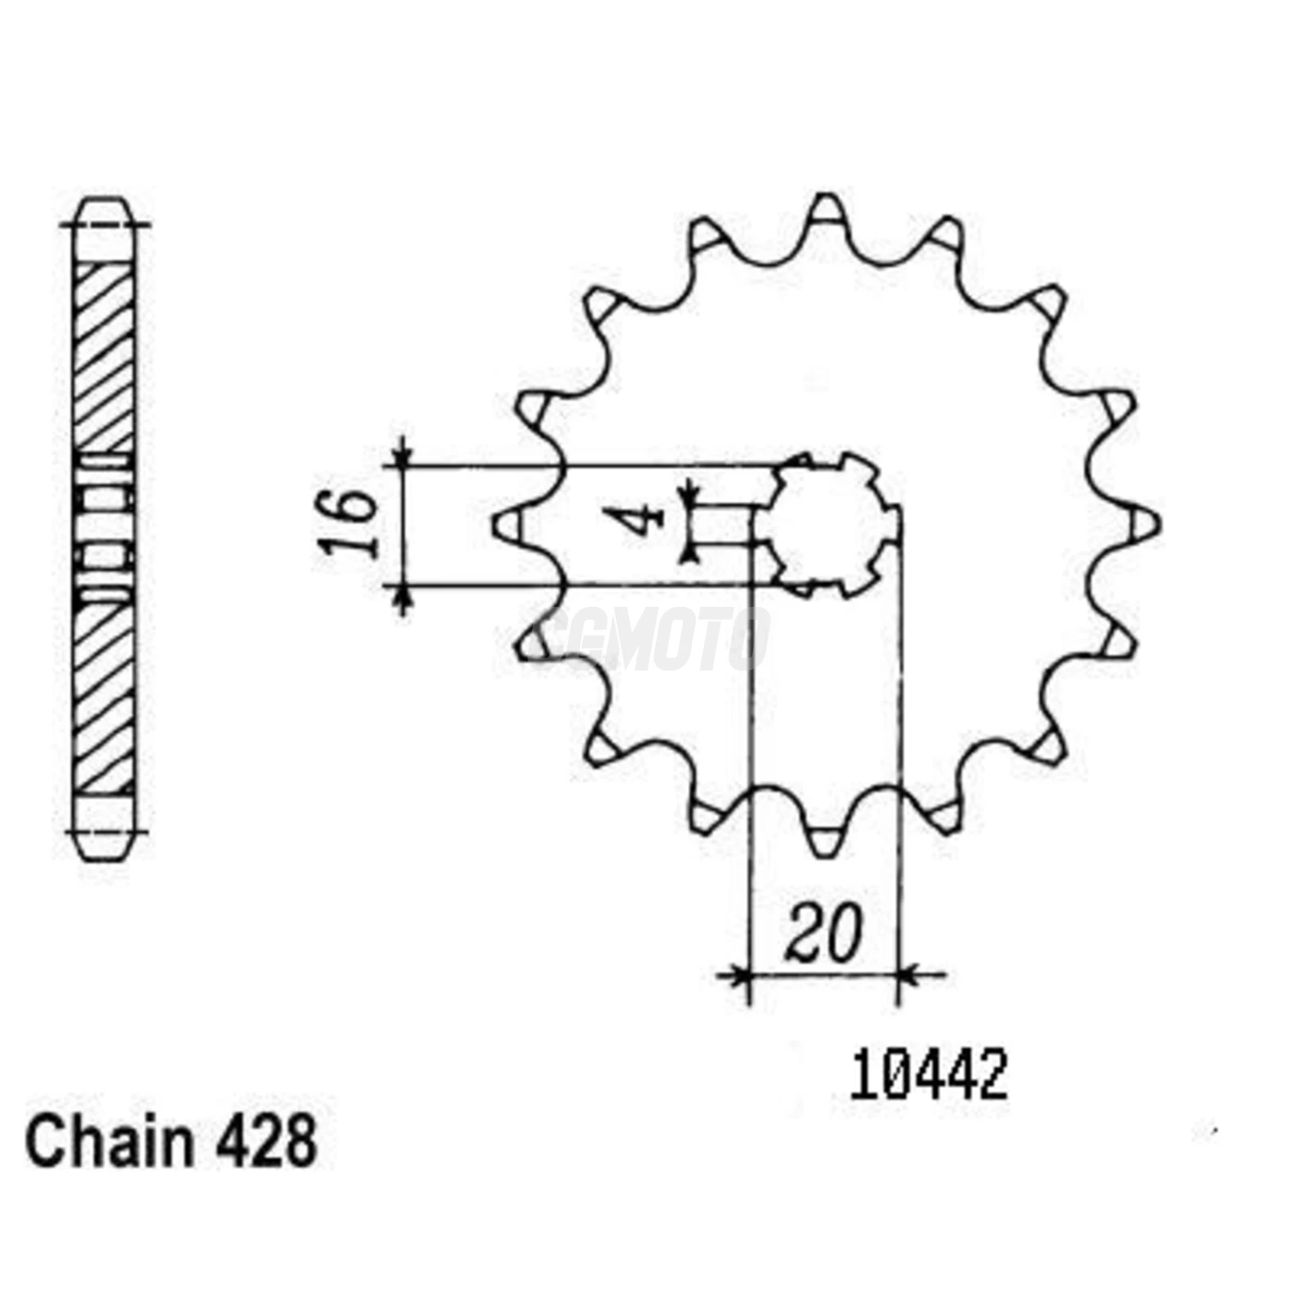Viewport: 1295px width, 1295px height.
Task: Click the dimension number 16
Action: click(x=349, y=524)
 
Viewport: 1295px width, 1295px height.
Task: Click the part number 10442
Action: click(x=929, y=1077)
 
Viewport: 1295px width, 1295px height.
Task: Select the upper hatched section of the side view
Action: click(x=104, y=356)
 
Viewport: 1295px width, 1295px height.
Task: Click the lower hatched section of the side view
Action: click(x=104, y=698)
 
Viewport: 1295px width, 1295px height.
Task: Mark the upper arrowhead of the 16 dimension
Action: click(x=402, y=457)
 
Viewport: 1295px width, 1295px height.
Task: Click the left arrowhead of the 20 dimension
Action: click(x=738, y=974)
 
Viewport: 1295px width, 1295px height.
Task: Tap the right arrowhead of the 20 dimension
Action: click(x=908, y=974)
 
